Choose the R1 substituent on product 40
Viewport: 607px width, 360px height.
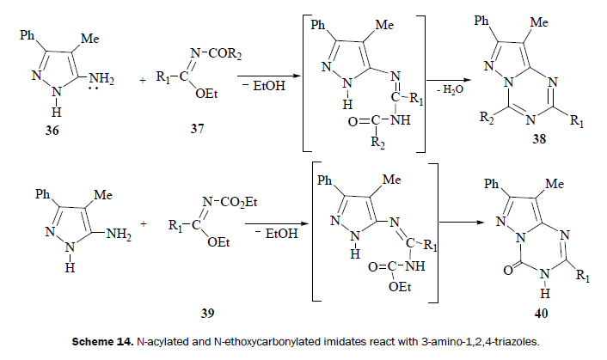tap(586, 278)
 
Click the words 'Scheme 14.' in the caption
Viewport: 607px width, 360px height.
tap(103, 341)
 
